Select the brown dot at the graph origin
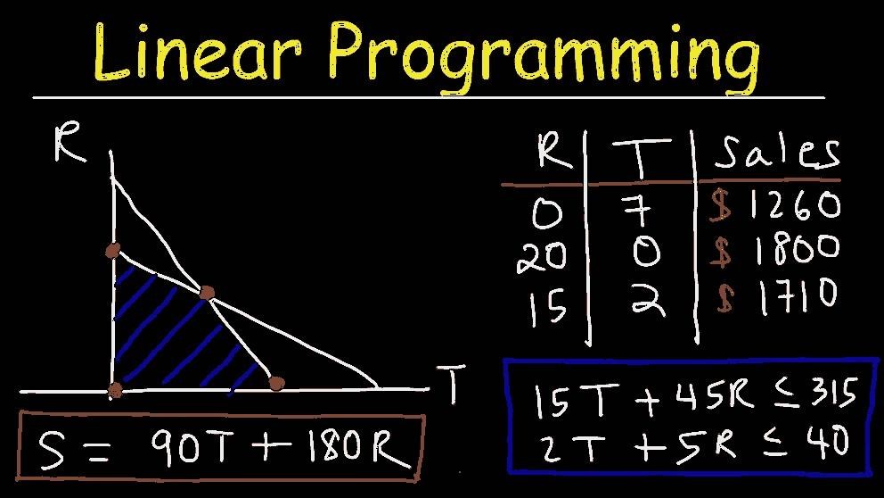pos(114,389)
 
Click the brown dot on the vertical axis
pos(112,251)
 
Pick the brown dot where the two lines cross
pos(208,293)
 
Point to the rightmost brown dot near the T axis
pos(276,384)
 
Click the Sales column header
pos(776,153)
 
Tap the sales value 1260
pos(793,206)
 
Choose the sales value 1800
pos(793,250)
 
